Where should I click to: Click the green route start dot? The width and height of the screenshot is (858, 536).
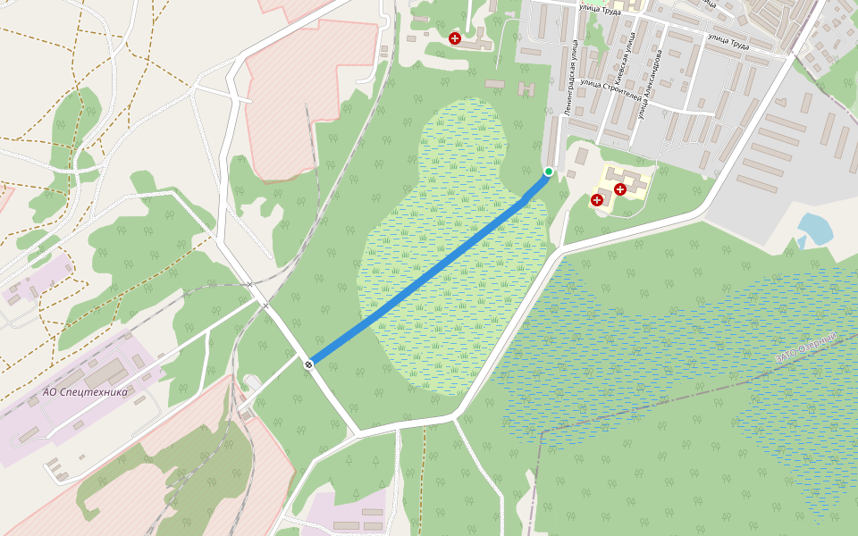(549, 172)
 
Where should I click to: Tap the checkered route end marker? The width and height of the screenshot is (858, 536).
(308, 364)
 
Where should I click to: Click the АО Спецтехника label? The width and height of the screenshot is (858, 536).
(86, 391)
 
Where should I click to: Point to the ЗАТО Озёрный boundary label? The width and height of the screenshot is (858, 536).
(809, 348)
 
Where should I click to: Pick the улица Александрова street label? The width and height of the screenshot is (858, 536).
(651, 85)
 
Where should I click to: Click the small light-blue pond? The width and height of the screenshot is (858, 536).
(815, 230)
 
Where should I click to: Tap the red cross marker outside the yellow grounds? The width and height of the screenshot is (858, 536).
(455, 38)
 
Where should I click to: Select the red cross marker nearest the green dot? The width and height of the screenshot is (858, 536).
(596, 200)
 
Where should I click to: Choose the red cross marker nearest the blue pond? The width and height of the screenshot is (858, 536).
(619, 189)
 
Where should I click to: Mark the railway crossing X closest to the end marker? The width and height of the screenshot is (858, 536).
(265, 306)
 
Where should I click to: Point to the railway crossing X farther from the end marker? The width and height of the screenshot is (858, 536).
(249, 284)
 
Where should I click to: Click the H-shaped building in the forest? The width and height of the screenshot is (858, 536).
(526, 89)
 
